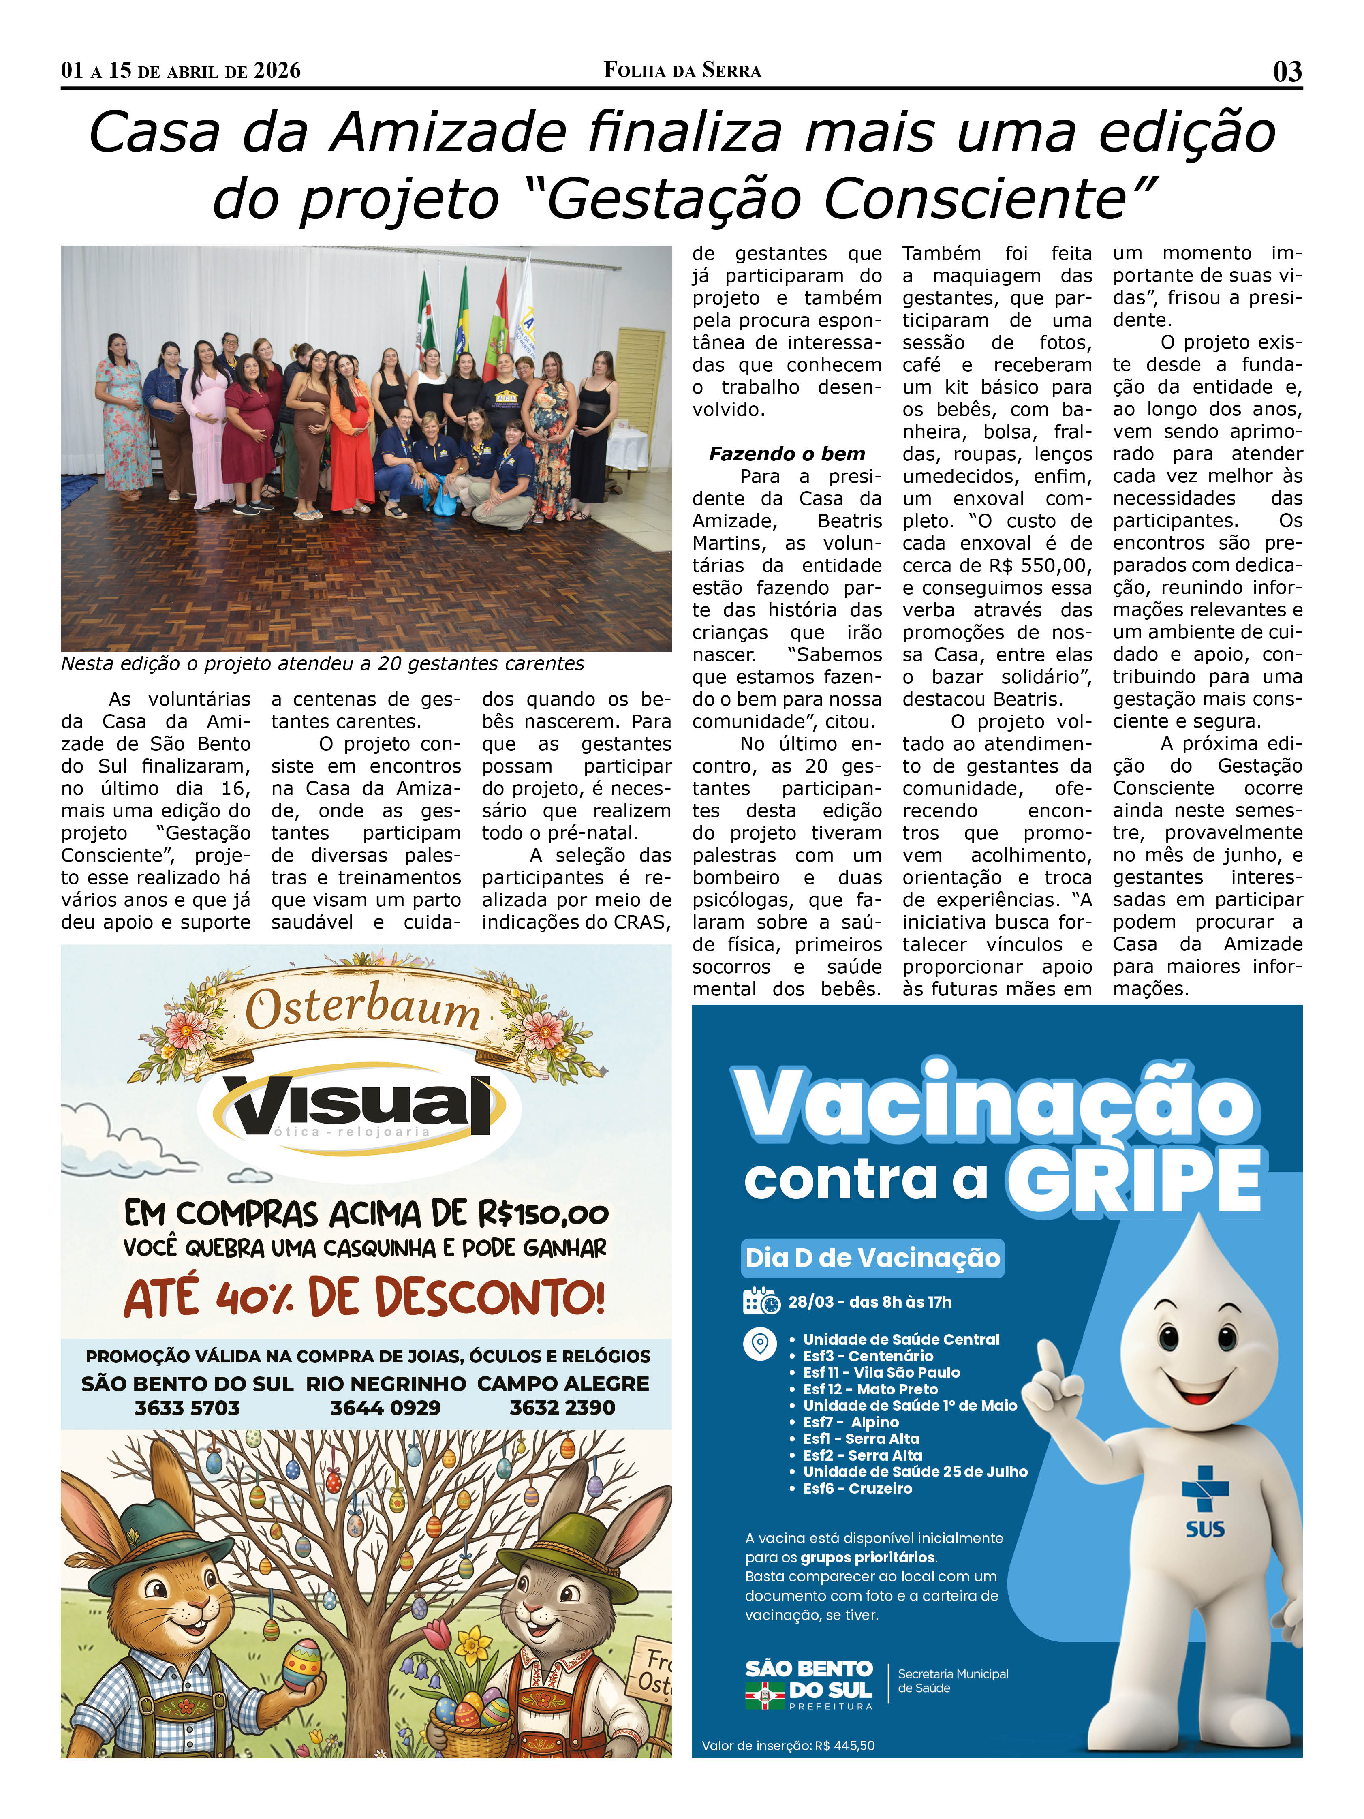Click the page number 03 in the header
[1287, 72]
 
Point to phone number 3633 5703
[188, 1408]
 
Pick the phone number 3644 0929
[385, 1408]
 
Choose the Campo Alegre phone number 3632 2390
[562, 1408]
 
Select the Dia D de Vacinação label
[872, 1257]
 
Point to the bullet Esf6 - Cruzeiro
[857, 1488]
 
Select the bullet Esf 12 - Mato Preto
[870, 1389]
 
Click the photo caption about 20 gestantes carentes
[322, 663]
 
